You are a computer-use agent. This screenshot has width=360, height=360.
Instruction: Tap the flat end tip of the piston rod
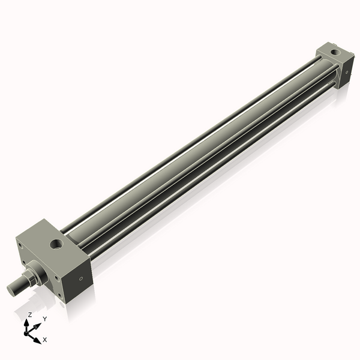pos(10,290)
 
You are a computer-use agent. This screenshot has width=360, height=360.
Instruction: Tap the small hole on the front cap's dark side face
pos(81,279)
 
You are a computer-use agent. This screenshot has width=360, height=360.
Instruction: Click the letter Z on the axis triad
pos(29,314)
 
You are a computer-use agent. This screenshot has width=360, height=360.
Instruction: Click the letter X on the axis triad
pos(45,340)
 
